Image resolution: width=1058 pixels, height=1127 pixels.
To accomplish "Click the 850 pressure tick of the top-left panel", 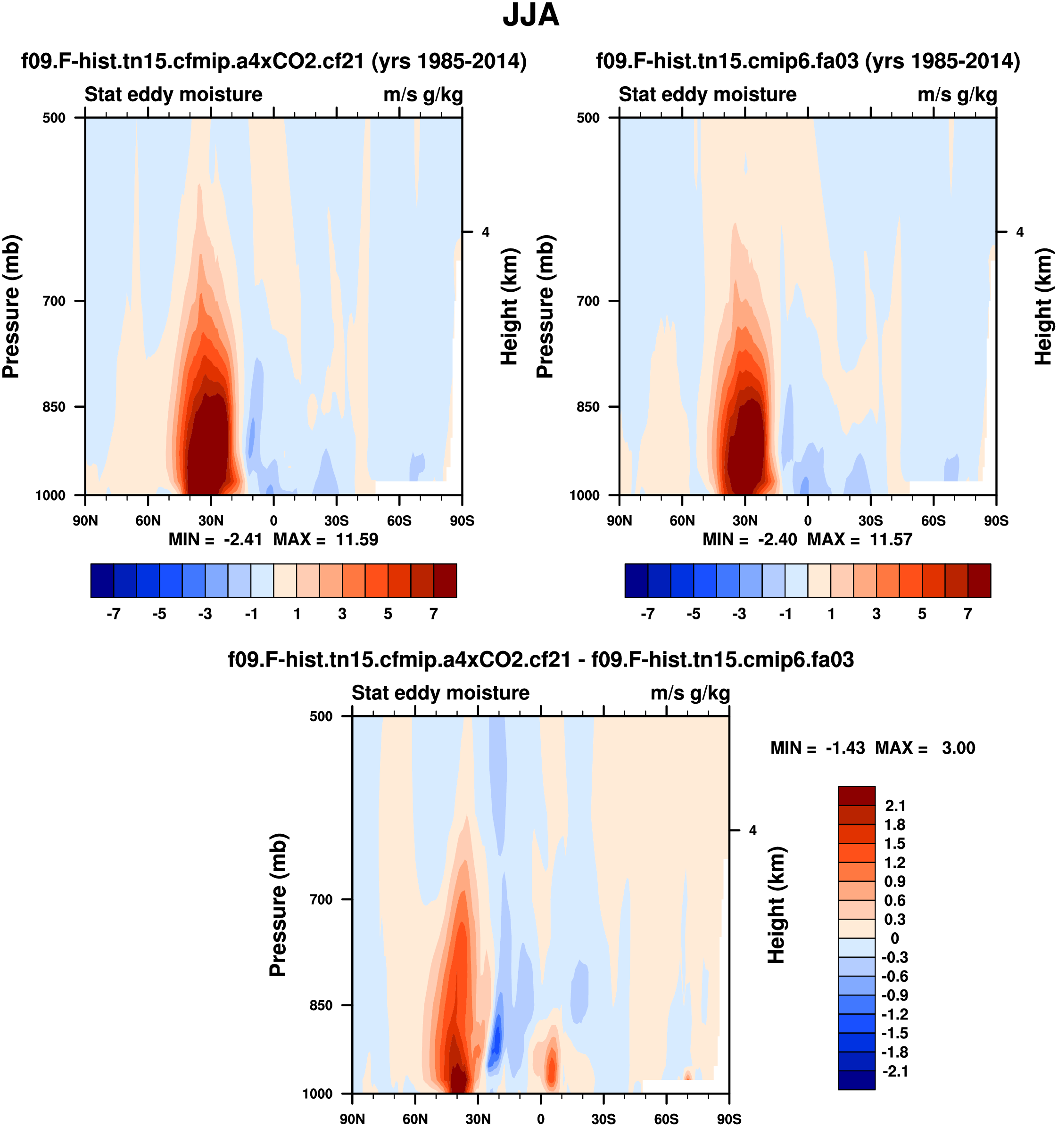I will click(x=54, y=406).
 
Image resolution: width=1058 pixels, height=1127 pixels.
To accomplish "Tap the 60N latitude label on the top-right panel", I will click(x=682, y=520).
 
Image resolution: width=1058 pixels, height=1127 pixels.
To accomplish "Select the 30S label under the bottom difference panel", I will click(x=603, y=1119).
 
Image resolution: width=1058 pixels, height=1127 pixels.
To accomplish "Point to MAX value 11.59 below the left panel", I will click(x=356, y=539).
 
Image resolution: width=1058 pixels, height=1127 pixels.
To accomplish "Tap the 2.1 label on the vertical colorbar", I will click(x=895, y=806).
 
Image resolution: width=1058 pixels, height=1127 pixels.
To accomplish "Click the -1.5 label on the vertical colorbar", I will click(x=895, y=1033).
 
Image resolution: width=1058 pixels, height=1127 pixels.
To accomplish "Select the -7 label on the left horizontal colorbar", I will click(x=114, y=614).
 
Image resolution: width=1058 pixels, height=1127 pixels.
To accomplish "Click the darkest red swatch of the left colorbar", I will click(x=445, y=581).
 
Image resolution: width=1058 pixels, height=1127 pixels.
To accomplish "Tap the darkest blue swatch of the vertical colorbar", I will click(x=856, y=1080).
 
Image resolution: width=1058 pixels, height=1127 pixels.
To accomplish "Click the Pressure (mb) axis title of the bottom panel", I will click(x=278, y=905).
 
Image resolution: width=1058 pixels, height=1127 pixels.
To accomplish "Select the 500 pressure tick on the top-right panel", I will click(x=588, y=118).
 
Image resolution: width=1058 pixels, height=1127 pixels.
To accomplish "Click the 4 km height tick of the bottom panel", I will click(x=752, y=831).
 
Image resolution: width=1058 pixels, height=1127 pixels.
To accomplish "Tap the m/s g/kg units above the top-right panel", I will click(x=957, y=95).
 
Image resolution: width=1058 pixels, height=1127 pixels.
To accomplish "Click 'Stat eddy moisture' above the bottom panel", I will click(x=440, y=693).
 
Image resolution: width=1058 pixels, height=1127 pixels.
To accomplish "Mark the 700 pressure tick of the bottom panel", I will click(x=321, y=899).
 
